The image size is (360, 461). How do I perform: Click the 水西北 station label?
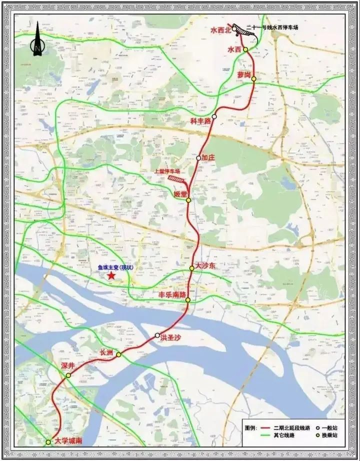pyautogui.click(x=220, y=30)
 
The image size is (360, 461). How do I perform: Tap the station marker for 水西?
pyautogui.click(x=245, y=49)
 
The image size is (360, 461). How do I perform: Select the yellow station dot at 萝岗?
pyautogui.click(x=254, y=79)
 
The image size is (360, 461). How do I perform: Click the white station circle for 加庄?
pyautogui.click(x=198, y=158)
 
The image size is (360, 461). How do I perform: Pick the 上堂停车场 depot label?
pyautogui.click(x=167, y=170)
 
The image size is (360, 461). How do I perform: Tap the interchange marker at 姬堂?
pyautogui.click(x=188, y=200)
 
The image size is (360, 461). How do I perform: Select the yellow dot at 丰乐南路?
pyautogui.click(x=188, y=300)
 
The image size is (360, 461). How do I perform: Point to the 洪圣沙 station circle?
pyautogui.click(x=157, y=335)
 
